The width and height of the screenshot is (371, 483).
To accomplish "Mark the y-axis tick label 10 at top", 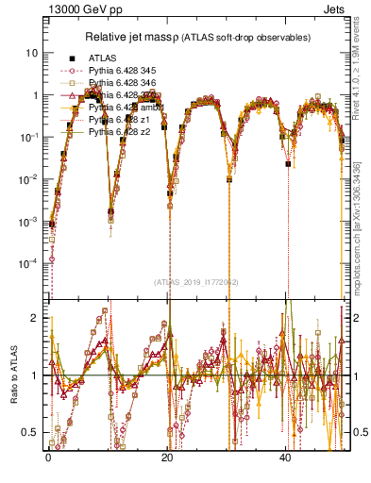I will pyautogui.click(x=31, y=53).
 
